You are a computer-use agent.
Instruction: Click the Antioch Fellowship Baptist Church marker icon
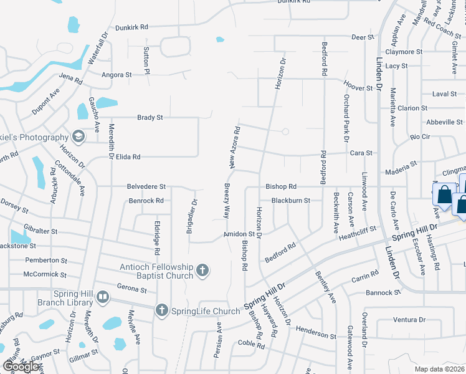pos(201,270)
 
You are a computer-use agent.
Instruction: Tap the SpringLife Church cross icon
pos(161,310)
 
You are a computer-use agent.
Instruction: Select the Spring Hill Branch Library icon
pos(103,297)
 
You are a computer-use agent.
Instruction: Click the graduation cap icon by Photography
pos(77,137)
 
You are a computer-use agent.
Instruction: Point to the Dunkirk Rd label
pos(131,27)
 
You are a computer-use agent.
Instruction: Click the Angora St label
pos(117,74)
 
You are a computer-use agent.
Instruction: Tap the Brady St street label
pos(150,117)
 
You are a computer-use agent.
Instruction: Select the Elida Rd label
pos(127,157)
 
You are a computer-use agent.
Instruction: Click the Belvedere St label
pos(146,186)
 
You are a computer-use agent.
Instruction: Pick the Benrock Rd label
pos(146,201)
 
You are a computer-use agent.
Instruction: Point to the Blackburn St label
pos(290,201)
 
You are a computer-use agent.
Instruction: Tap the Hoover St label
pos(358,89)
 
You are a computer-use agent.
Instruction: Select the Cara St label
pos(361,153)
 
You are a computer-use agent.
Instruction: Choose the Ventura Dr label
pos(409,320)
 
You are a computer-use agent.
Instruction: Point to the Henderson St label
pos(316,335)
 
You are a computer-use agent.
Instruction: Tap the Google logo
pos(21,367)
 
